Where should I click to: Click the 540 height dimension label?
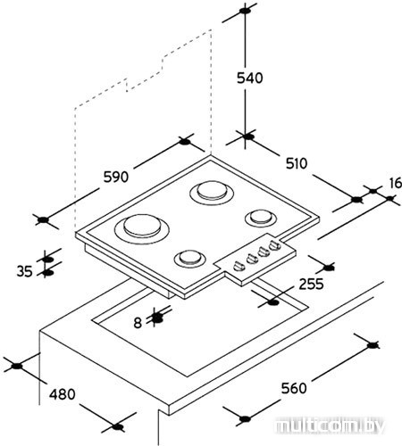pos(250,78)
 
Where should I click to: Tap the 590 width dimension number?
pos(116,178)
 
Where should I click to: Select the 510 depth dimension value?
pos(297,164)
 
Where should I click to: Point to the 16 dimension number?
pos(396,183)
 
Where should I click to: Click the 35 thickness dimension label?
pos(24,271)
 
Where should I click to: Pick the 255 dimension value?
pos(311,285)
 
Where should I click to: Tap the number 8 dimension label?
pos(138,323)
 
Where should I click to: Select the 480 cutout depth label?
pos(63,394)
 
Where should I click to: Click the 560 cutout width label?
pos(294,389)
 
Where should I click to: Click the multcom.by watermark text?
pos(330,425)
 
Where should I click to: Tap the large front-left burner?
pos(142,228)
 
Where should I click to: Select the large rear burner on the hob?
pos(212,193)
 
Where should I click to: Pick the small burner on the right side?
pos(259,219)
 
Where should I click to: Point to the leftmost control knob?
pos(239,266)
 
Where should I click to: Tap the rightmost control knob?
pos(274,246)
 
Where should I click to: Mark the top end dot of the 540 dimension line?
pos(245,11)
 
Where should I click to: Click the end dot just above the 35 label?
pos(46,260)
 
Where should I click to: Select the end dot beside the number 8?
pos(157,318)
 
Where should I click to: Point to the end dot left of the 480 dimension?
pos(17,366)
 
